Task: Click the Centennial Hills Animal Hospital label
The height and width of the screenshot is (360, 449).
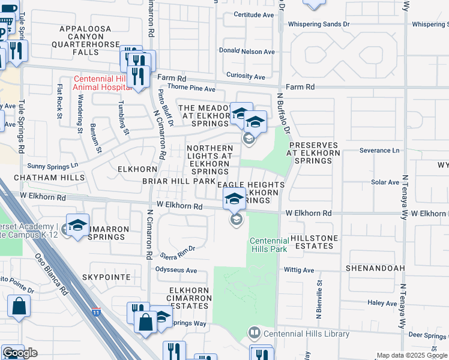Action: pyautogui.click(x=103, y=83)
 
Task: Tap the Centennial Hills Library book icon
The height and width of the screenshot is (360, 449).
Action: pyautogui.click(x=255, y=333)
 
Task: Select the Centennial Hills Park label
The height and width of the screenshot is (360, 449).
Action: pyautogui.click(x=269, y=245)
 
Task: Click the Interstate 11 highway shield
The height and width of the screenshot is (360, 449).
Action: pyautogui.click(x=96, y=312)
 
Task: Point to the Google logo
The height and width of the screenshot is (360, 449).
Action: pyautogui.click(x=20, y=353)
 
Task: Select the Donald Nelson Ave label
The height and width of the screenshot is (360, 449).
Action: pyautogui.click(x=247, y=52)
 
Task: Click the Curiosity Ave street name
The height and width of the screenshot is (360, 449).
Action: pyautogui.click(x=246, y=76)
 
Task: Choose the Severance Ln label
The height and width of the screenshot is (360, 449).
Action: pyautogui.click(x=379, y=150)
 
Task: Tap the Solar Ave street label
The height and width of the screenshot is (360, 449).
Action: pyautogui.click(x=385, y=182)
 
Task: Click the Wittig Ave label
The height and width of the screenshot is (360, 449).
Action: pyautogui.click(x=299, y=271)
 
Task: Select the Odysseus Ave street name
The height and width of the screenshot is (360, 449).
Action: pyautogui.click(x=176, y=271)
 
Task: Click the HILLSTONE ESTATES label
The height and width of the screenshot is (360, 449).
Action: pyautogui.click(x=314, y=242)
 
